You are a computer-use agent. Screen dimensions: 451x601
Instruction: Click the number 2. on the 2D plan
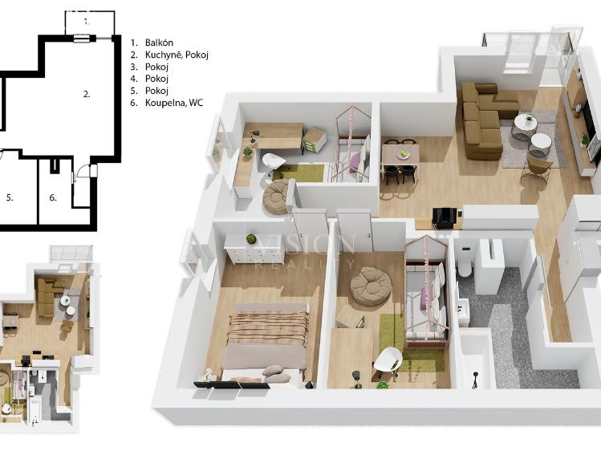coord(87,94)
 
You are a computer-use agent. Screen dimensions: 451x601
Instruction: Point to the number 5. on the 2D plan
coord(10,197)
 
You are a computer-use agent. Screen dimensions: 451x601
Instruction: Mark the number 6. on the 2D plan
coord(53,197)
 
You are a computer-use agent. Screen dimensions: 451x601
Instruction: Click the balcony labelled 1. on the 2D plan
coord(86,22)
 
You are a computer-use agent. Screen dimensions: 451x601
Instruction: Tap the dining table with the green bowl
coord(400,153)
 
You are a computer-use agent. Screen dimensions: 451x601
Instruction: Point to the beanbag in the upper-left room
coord(278,194)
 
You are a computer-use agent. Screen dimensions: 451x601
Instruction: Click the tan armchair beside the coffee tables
coord(537,168)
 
